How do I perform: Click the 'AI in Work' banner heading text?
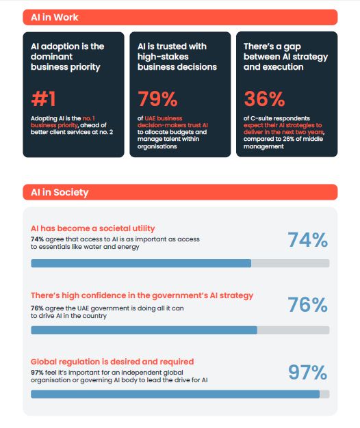click(55, 17)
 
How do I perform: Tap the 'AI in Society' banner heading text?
click(60, 192)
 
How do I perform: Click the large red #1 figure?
click(43, 99)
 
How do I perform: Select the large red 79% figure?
click(157, 99)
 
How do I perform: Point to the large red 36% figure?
click(264, 99)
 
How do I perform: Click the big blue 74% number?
click(307, 240)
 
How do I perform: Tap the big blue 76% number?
click(307, 305)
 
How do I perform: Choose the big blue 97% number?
click(308, 372)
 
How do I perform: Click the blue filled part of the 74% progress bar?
click(141, 263)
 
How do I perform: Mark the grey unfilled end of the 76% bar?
click(294, 330)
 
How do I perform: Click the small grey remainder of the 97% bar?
click(324, 394)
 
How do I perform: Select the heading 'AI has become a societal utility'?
click(93, 228)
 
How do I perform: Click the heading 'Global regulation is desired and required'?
click(112, 362)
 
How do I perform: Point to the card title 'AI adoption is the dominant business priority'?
click(68, 57)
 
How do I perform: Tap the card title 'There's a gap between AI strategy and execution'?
click(285, 57)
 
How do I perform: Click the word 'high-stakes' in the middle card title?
click(163, 57)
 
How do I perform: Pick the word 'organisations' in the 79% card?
click(157, 146)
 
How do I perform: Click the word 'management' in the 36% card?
click(263, 146)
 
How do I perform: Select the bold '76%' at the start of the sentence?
click(37, 308)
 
